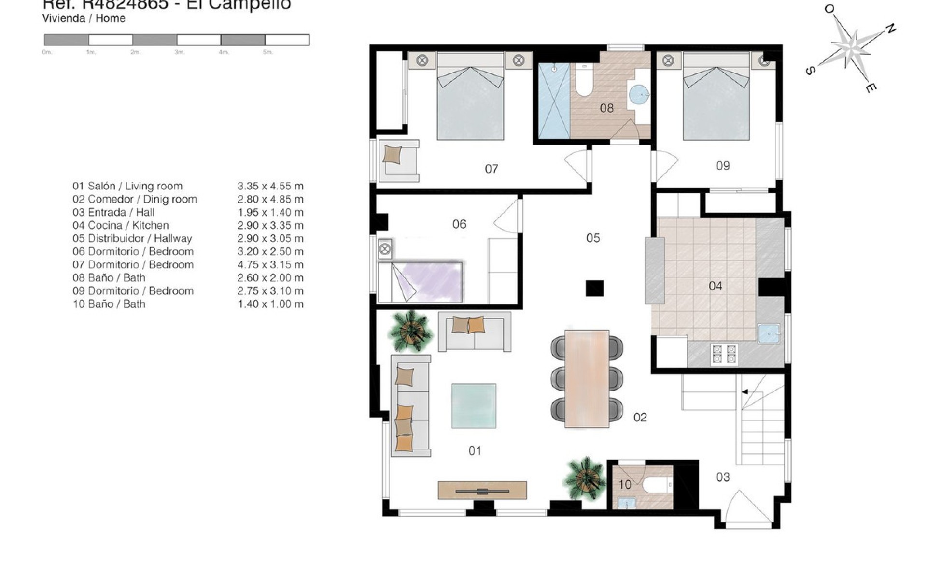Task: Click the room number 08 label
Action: [606, 108]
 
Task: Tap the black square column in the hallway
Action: [594, 288]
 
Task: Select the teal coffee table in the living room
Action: [473, 406]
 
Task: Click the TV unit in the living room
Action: [482, 490]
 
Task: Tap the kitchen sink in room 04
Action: [769, 333]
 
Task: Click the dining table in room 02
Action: [587, 378]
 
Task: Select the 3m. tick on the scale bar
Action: [179, 52]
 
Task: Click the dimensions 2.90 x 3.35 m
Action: [270, 225]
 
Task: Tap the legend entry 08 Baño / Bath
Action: [109, 278]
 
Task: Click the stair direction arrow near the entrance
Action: [744, 392]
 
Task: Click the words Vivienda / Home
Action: [84, 18]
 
